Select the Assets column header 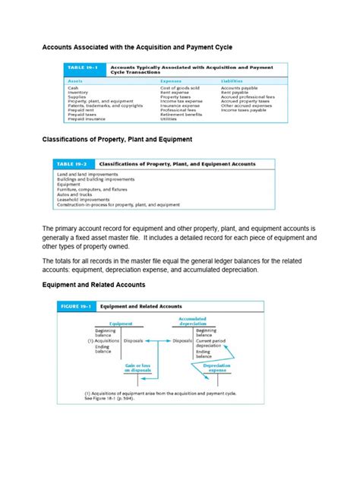coord(76,79)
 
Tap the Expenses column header coord(171,79)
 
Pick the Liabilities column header coord(233,79)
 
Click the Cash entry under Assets coord(73,88)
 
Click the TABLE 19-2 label coord(74,163)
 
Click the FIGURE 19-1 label coord(79,305)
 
